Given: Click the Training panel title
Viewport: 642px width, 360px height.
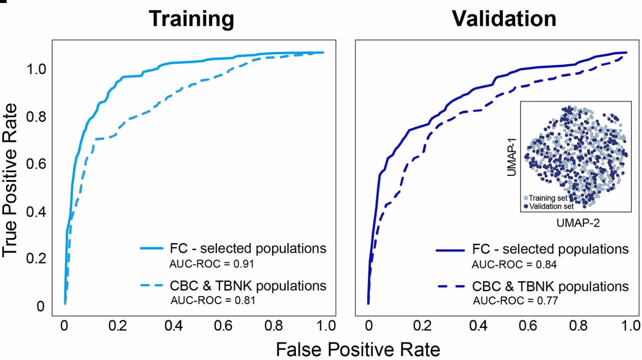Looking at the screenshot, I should tap(192, 19).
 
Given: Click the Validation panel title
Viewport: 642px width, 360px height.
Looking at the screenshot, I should tap(504, 19).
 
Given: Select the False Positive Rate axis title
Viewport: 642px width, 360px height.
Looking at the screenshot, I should tap(358, 349).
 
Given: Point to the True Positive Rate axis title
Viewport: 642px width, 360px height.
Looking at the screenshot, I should tap(9, 180).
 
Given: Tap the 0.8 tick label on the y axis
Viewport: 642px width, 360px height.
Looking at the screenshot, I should tap(36, 116).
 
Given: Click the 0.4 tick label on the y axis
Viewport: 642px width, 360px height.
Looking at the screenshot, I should tap(36, 211).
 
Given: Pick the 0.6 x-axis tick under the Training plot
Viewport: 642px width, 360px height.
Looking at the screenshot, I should tap(223, 326).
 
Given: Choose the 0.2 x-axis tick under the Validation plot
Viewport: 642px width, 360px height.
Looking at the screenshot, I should tap(422, 326).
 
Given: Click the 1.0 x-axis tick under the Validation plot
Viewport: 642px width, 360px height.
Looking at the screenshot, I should tap(630, 326).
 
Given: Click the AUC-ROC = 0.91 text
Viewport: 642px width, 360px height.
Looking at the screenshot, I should tap(211, 264).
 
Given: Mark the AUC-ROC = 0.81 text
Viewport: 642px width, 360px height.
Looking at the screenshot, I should tap(213, 300).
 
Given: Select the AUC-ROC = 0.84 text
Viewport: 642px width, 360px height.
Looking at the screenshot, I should tap(514, 264).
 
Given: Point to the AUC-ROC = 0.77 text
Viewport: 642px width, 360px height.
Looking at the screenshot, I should tap(515, 301).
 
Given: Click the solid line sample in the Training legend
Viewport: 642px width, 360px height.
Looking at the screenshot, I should tap(151, 248).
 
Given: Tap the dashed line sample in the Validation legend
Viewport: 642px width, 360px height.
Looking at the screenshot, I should tap(451, 286).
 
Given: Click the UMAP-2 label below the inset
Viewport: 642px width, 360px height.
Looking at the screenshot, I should tap(578, 223).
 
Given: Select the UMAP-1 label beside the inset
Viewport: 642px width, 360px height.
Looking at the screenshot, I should tap(512, 157).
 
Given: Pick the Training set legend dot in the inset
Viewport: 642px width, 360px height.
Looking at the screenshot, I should tap(526, 198).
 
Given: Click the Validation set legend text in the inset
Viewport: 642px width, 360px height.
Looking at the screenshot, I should tap(551, 207).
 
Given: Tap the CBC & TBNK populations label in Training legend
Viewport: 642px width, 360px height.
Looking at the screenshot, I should tap(248, 286).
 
